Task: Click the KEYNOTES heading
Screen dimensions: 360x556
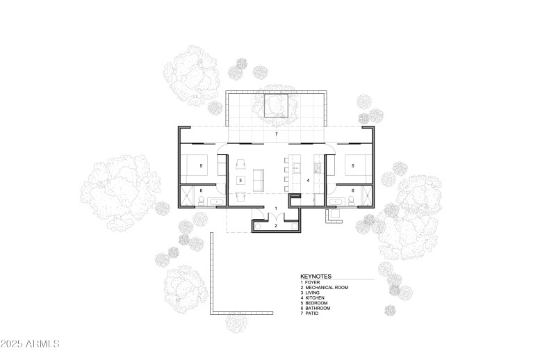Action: click(316, 276)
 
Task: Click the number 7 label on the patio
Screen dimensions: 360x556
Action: click(276, 133)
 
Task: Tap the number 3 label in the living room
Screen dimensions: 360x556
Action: click(240, 180)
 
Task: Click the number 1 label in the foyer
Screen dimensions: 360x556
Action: click(276, 208)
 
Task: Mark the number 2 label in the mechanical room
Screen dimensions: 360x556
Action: click(276, 226)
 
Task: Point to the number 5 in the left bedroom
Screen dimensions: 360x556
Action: click(201, 166)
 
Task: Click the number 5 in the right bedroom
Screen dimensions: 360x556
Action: click(353, 166)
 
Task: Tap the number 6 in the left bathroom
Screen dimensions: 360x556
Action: click(201, 190)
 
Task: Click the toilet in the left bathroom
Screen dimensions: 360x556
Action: click(201, 202)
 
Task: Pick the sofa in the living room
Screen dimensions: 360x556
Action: click(259, 180)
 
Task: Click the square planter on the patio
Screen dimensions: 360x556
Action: click(277, 105)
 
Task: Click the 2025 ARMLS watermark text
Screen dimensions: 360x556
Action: click(31, 344)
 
